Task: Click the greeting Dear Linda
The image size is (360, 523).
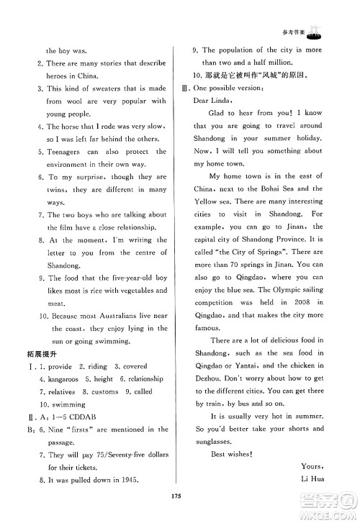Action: point(215,100)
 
